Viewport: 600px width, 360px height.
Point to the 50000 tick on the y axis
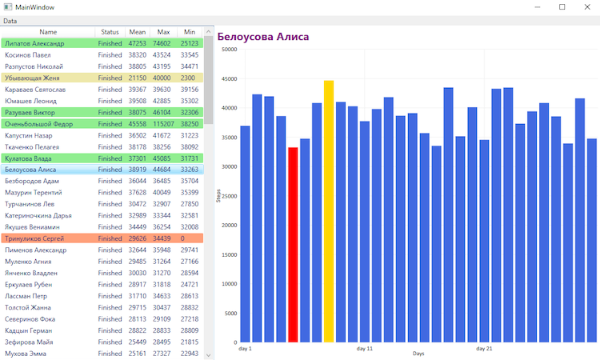coord(229,49)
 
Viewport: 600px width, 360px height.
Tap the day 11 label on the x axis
coord(365,349)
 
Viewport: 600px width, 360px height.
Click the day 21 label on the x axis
coord(484,349)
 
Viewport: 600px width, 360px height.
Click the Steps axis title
coord(218,195)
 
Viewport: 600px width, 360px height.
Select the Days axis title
coord(418,354)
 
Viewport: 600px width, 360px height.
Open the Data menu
coord(10,20)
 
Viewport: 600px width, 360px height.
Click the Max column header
coord(164,32)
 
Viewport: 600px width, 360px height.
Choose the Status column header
coord(110,32)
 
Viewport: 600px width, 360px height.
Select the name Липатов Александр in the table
coord(34,43)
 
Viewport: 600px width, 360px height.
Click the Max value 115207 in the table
coord(164,124)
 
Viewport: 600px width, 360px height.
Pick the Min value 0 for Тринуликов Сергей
coord(183,238)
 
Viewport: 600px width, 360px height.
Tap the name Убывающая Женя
coord(32,78)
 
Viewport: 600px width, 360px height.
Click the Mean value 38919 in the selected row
coord(137,170)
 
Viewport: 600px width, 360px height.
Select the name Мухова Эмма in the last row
coord(27,354)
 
